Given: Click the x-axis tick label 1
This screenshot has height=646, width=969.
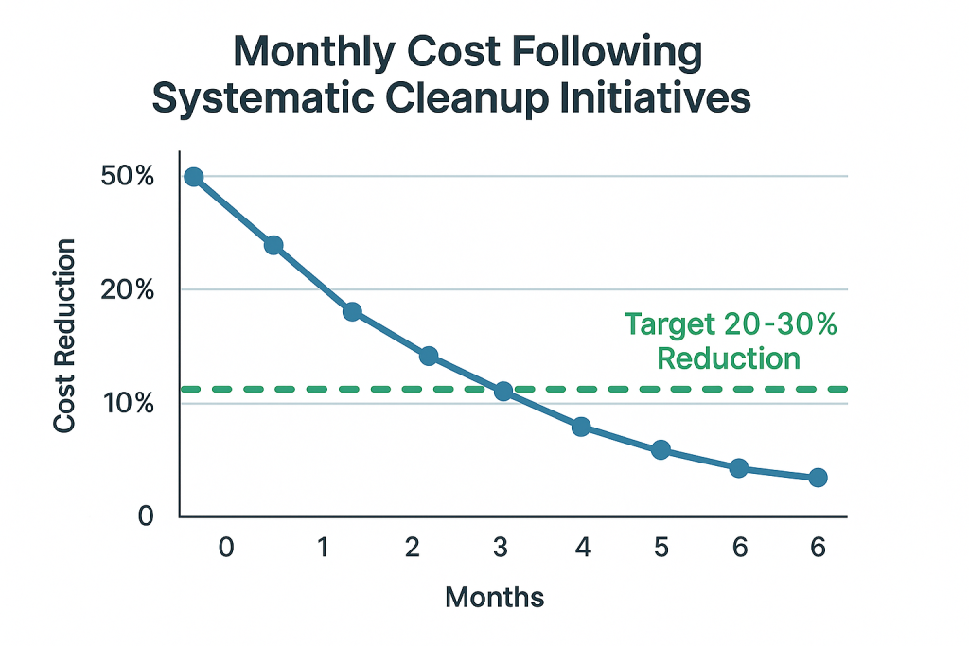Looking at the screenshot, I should coord(324,547).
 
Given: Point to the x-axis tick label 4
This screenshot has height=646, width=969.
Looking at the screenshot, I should coord(582,547).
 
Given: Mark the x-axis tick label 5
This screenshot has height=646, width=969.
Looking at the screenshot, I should coord(661,547).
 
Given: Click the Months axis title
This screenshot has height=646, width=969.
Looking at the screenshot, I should coord(495,597).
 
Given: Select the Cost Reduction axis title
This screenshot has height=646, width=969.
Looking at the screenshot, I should coord(64,337).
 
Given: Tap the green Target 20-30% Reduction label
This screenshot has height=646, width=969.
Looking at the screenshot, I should coord(731,341).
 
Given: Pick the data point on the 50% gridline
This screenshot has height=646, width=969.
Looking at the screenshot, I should coord(194,177).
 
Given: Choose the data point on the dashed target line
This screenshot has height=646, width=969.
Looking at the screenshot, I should coord(503,391).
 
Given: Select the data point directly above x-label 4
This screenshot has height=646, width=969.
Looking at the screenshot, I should coord(581,427).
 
